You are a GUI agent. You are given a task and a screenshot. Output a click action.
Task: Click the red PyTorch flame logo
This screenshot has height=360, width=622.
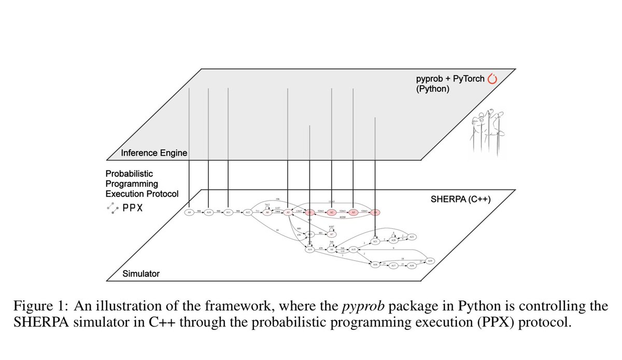492,79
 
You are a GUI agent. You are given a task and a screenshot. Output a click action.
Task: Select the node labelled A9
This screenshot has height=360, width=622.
189,212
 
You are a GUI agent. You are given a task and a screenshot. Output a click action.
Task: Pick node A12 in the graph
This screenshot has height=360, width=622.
248,212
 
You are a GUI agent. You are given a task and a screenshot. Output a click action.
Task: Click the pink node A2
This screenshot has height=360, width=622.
332,212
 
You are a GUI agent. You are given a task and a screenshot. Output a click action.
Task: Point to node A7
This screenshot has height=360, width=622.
332,234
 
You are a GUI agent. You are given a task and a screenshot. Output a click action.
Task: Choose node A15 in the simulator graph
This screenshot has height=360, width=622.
354,250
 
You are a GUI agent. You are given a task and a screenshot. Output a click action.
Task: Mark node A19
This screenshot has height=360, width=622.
430,261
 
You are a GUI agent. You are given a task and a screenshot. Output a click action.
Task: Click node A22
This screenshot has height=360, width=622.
412,237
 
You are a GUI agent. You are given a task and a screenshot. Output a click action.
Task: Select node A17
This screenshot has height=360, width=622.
393,265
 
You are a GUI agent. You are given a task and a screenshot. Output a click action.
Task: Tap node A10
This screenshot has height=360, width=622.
208,212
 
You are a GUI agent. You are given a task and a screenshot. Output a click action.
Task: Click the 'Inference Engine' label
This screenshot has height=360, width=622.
153,153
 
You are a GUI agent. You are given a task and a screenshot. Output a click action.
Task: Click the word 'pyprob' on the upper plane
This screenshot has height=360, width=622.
429,79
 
